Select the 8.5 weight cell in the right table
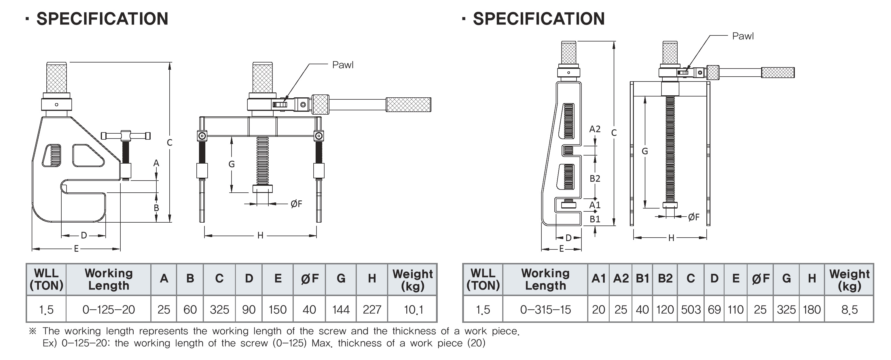[x=849, y=310]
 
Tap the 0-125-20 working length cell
[x=109, y=310]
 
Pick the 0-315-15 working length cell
[x=545, y=310]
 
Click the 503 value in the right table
[x=691, y=310]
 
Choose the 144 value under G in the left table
[x=341, y=310]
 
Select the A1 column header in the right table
[x=599, y=279]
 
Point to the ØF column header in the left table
[x=310, y=279]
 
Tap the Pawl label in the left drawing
[x=343, y=65]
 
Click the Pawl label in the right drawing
[x=743, y=36]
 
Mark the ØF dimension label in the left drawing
[x=296, y=204]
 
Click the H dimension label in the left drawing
[x=260, y=236]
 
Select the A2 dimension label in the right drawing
[x=595, y=129]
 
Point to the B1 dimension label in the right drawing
[x=595, y=219]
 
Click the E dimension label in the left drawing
[x=76, y=249]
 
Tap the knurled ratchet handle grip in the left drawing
[x=408, y=105]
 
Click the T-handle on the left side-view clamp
[x=126, y=135]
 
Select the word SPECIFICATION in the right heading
[x=539, y=19]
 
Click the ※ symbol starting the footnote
[x=33, y=331]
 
